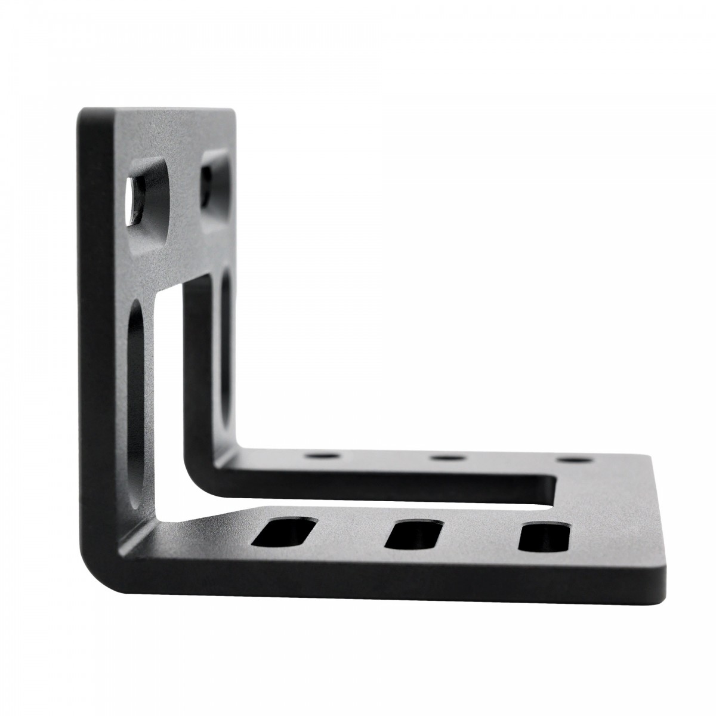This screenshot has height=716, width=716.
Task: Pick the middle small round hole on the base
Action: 448,458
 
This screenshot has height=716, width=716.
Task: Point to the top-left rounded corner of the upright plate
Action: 84,116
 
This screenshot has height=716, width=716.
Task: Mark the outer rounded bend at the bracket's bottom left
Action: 95,558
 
